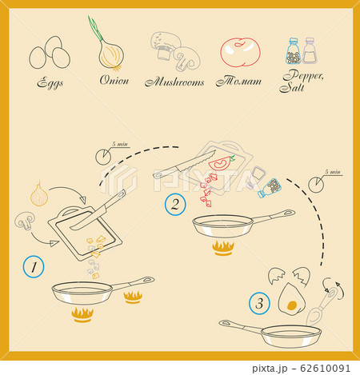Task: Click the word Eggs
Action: [50, 82]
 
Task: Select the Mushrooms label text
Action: [174, 82]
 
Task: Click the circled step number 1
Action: [32, 267]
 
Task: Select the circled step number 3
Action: [259, 304]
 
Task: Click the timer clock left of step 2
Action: [103, 154]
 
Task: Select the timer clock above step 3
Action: [317, 185]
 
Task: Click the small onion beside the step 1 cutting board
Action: [38, 193]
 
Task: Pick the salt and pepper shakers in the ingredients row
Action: [302, 52]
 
